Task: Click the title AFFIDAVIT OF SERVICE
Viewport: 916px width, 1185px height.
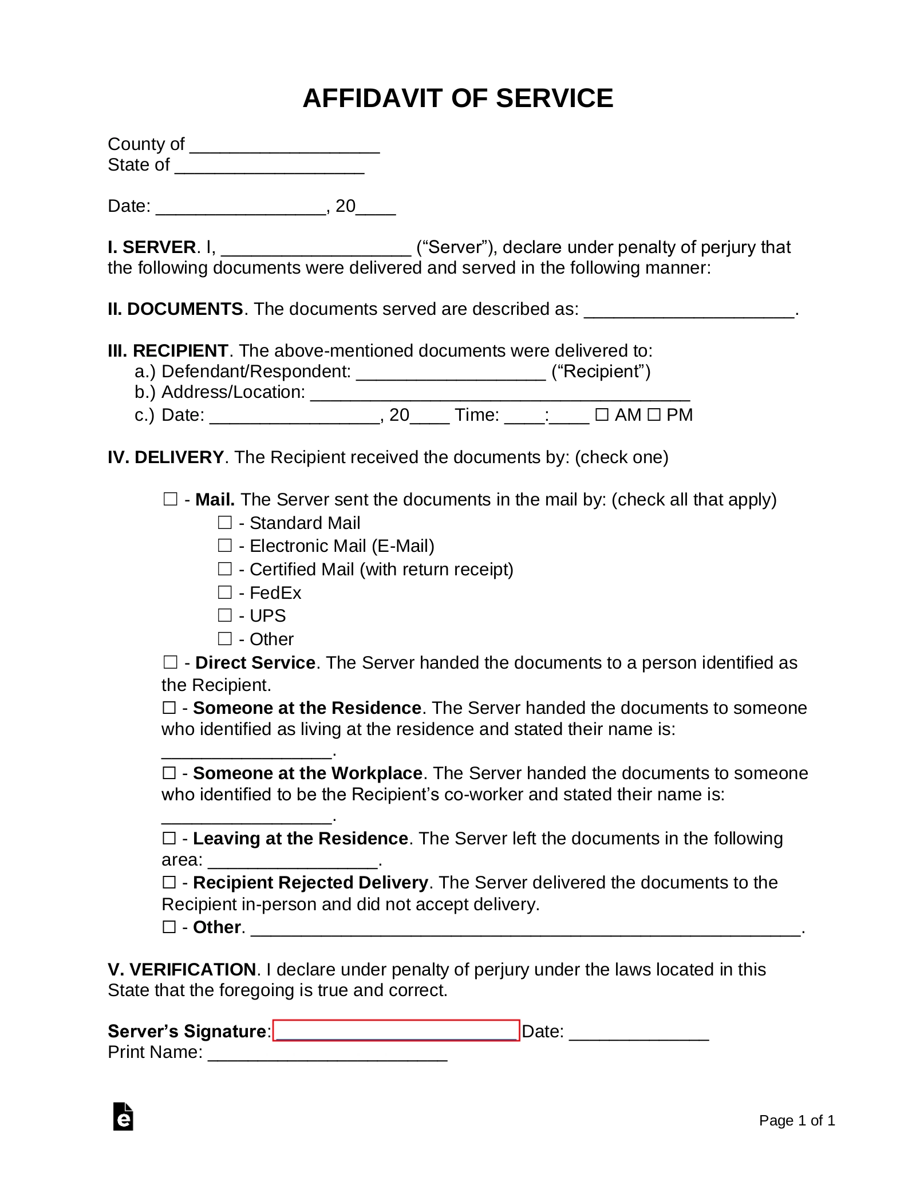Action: point(457,98)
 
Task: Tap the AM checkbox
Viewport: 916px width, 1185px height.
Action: point(601,414)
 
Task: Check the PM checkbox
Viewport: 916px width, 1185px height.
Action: point(654,414)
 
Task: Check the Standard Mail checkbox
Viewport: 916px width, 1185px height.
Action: point(225,523)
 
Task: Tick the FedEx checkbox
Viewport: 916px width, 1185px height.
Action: point(225,592)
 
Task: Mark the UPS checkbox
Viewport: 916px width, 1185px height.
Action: point(225,615)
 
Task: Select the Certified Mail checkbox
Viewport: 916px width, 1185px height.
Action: point(225,569)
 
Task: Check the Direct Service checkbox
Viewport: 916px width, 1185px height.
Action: point(170,662)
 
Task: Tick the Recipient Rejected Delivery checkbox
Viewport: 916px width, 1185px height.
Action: point(169,882)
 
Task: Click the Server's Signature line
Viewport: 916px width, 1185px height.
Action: point(396,1030)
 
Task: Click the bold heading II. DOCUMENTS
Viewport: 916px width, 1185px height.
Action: point(175,309)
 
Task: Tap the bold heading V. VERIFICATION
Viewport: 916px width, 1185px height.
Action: point(181,969)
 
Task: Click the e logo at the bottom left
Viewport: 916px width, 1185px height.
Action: point(123,1116)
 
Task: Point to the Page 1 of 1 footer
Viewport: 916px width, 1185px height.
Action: point(796,1120)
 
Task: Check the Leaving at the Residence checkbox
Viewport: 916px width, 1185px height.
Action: point(169,838)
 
